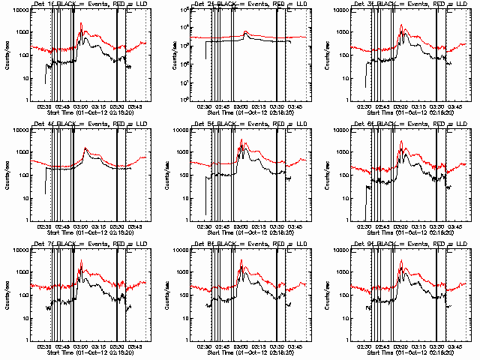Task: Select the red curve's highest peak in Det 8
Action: click(241, 259)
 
